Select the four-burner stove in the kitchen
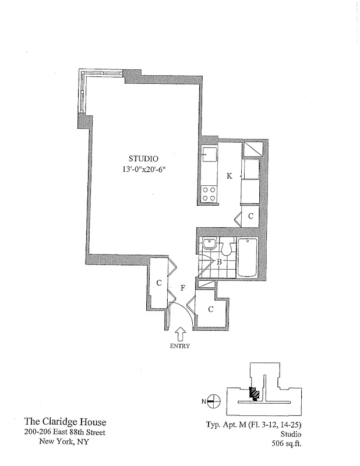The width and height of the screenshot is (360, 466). [209, 193]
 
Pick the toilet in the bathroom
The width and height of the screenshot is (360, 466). [227, 248]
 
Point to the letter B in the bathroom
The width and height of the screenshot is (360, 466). [219, 262]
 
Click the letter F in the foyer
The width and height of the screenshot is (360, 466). [183, 287]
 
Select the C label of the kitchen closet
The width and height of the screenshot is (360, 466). [250, 217]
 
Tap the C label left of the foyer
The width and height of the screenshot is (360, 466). [158, 284]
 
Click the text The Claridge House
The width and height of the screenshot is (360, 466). [65, 422]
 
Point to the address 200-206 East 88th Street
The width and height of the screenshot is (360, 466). [65, 432]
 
